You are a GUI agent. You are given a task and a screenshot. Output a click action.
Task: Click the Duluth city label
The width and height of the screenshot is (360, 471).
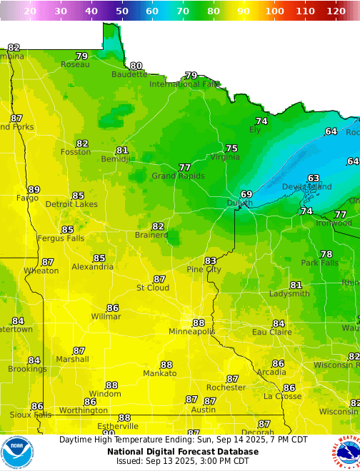click(239, 203)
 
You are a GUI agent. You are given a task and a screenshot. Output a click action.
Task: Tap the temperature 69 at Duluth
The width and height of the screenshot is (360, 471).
click(246, 194)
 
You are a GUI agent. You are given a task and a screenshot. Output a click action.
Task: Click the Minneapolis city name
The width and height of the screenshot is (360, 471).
click(191, 332)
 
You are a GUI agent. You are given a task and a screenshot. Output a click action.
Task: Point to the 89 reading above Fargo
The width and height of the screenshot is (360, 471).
click(34, 189)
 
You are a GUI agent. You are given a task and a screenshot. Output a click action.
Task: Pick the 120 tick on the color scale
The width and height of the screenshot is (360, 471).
click(335, 11)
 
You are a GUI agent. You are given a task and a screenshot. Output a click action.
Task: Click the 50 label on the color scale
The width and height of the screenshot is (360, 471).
click(122, 11)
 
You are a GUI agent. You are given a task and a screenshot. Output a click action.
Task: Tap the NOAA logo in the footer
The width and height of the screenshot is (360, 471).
click(17, 452)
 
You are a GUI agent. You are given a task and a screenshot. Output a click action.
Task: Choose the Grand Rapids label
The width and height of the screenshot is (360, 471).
click(178, 176)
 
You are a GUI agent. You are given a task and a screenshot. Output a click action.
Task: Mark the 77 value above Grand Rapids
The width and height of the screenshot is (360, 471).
click(184, 167)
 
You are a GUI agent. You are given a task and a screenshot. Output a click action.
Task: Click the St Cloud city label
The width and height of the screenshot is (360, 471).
click(153, 288)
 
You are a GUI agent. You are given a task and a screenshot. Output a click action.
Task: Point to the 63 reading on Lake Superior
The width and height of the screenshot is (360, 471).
click(314, 178)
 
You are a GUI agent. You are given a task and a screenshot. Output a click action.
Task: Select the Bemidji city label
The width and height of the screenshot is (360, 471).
click(116, 159)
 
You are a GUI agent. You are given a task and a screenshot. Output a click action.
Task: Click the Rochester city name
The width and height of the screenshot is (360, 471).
click(225, 388)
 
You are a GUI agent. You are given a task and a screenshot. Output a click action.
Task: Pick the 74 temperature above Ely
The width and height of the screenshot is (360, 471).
click(261, 121)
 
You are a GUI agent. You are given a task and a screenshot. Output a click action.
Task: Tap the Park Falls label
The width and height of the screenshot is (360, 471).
click(319, 263)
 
